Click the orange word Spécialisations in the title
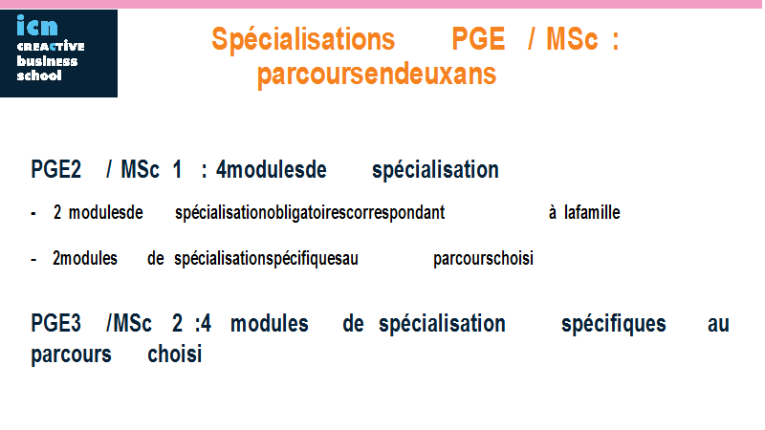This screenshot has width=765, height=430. pos(303,40)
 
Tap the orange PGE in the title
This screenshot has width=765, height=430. pos(478,38)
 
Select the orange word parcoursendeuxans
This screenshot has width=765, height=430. pos(377,75)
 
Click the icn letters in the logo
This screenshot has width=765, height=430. pos(37,26)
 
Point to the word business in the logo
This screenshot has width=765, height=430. pos(47,61)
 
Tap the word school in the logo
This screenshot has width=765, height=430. pos(39,75)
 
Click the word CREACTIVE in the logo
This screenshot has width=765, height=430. pos(51,46)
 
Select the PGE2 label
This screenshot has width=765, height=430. pos(55,170)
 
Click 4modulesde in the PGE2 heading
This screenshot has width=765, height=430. pos(272,170)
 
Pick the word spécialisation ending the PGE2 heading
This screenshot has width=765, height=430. pos(435,171)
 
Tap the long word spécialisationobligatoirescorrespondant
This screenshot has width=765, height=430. pos(310,213)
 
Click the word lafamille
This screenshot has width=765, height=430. pos(592,212)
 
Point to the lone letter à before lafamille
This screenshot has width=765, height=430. pos(553,212)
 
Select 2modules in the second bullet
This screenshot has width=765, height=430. pos(85,258)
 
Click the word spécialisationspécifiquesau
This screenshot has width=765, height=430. pos(267,259)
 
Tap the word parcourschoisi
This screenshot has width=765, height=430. pos(484,259)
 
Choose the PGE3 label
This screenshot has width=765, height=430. pos(55,323)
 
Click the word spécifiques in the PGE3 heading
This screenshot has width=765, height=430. pos(614,324)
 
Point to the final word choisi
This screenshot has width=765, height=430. pos(175,354)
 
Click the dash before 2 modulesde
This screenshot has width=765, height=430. pos(33,213)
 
